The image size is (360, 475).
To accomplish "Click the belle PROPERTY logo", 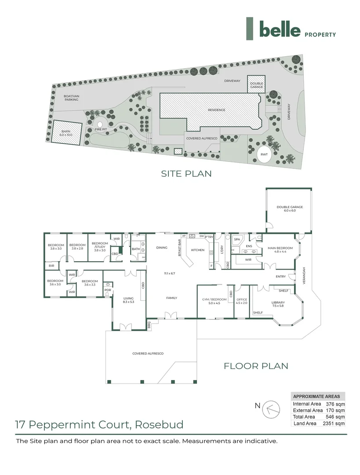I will click(x=291, y=29).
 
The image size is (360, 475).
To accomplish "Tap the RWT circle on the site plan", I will click(x=264, y=155).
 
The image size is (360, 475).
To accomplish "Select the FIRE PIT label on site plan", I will click(x=101, y=129).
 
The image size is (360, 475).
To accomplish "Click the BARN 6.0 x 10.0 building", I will click(x=66, y=132).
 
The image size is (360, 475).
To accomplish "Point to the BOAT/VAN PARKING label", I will click(x=71, y=98).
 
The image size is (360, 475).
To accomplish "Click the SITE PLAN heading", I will click(x=186, y=174).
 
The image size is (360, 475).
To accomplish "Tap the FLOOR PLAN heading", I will click(x=256, y=365).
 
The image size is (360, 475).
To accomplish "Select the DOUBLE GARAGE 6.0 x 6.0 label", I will click(x=289, y=209).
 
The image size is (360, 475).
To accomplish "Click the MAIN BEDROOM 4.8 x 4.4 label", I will click(x=277, y=250).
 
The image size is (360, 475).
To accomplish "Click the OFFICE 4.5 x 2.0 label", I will click(x=242, y=301).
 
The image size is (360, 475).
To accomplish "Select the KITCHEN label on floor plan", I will click(x=197, y=250).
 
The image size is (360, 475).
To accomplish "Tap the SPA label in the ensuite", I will click(x=237, y=240).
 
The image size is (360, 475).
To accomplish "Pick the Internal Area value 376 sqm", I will click(x=335, y=403).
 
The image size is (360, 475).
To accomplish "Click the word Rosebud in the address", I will click(x=159, y=425).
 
